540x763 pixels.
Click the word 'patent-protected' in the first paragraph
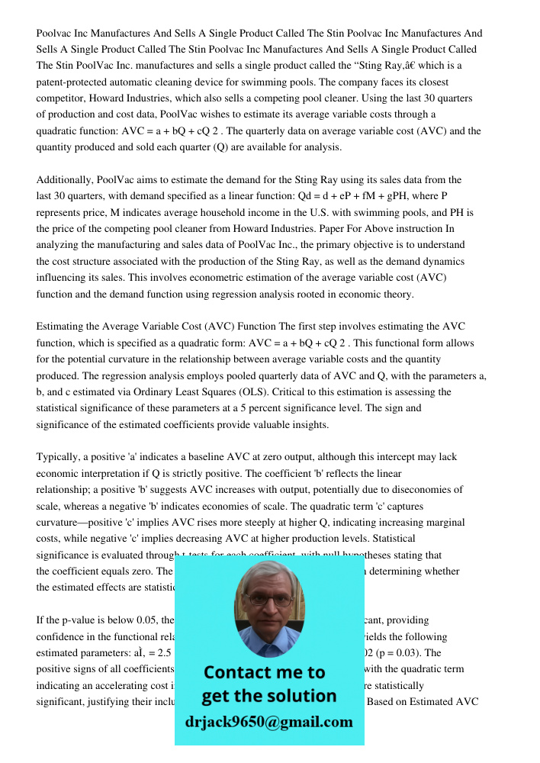point(73,82)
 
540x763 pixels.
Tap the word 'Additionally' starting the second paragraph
point(64,180)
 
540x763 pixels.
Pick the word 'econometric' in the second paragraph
point(252,278)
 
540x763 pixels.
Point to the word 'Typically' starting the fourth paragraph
point(59,457)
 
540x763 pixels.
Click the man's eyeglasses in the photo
point(268,600)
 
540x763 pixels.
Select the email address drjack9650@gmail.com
point(268,722)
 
